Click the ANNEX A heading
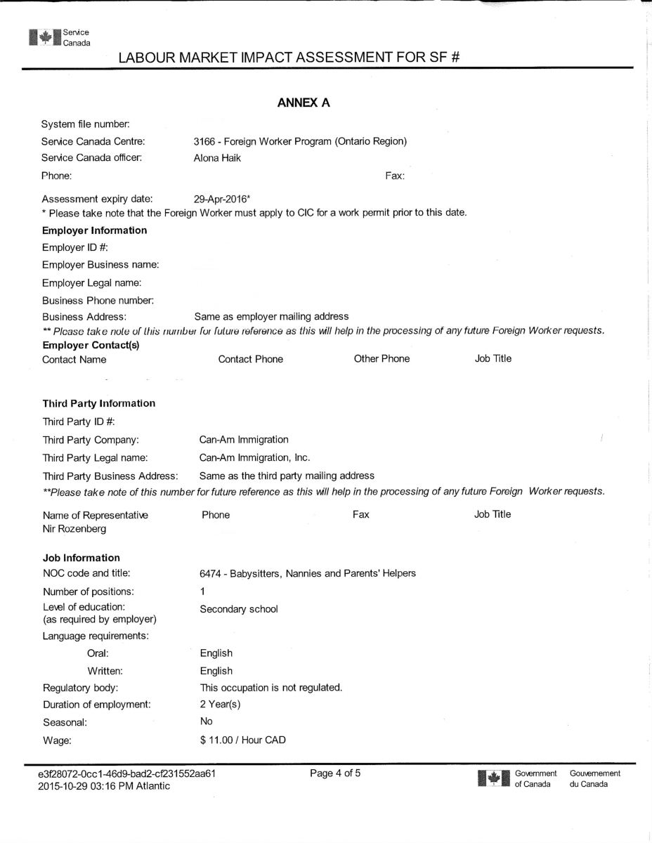(x=304, y=103)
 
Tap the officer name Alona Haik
(x=217, y=158)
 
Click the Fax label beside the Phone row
(x=395, y=176)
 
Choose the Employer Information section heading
(x=95, y=230)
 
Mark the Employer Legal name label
(x=92, y=282)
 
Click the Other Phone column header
(x=382, y=359)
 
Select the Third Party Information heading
(x=99, y=403)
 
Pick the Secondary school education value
(x=239, y=609)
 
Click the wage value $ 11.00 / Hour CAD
(x=243, y=740)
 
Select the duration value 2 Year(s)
(x=221, y=704)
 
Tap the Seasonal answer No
(x=207, y=721)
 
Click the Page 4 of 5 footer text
(x=335, y=773)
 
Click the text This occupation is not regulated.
(x=271, y=687)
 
